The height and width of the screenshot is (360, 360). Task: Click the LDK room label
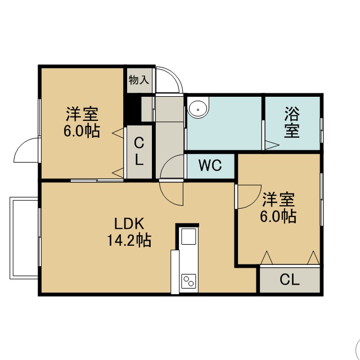point(129,223)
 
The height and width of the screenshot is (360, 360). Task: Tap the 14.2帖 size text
point(129,240)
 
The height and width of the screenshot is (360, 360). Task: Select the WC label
point(210,165)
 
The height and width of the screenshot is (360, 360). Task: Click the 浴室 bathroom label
point(292,123)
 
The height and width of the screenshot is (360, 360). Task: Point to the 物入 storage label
point(139,80)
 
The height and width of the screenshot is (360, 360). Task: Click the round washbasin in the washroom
point(198,107)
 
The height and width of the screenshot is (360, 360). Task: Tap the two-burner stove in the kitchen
point(188,281)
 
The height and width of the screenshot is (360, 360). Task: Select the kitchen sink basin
point(189,236)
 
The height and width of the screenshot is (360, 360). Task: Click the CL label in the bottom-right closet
point(290,280)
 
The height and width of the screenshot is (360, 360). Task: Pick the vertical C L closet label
point(139,151)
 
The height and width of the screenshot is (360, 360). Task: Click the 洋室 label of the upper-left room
point(82,114)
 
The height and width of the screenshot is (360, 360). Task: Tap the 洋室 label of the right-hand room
point(278,200)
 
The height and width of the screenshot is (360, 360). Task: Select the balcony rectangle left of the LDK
point(24,238)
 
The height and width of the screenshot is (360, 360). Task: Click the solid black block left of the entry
point(132,109)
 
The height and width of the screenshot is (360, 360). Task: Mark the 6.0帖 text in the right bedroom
point(278,216)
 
